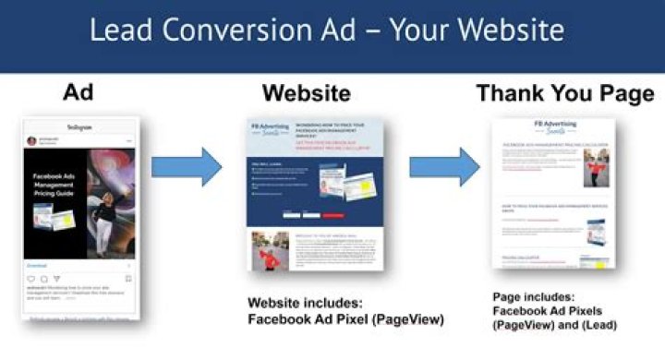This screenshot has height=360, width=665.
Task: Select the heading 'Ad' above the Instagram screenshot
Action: point(79,92)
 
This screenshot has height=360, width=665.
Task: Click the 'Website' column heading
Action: point(306,93)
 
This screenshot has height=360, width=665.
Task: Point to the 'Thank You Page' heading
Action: point(564,93)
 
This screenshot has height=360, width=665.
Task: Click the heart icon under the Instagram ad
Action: point(30,278)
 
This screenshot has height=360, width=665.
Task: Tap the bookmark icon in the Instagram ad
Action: point(127,278)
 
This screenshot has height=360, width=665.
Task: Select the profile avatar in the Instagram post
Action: point(31,141)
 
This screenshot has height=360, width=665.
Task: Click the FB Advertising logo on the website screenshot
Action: point(268,128)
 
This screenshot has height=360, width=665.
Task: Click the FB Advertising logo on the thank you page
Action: point(553,126)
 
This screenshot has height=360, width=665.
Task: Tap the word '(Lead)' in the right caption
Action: point(596,326)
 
